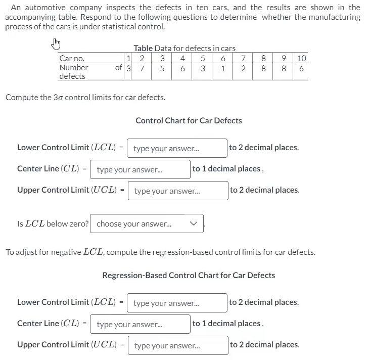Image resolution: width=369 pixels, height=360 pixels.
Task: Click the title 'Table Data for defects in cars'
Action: (x=184, y=48)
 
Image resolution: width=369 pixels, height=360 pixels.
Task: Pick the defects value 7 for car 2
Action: (x=143, y=68)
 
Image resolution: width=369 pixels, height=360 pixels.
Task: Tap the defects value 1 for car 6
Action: (x=223, y=68)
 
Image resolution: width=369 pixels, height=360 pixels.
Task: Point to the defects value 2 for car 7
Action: (x=244, y=68)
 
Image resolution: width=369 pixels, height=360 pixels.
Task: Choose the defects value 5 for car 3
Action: (x=162, y=68)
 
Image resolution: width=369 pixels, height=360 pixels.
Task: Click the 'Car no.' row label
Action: (x=72, y=59)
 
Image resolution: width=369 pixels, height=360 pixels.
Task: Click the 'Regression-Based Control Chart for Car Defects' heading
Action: (x=189, y=276)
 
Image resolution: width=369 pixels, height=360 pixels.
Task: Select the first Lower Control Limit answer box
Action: (x=176, y=148)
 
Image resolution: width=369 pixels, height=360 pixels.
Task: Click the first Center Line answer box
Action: (x=140, y=169)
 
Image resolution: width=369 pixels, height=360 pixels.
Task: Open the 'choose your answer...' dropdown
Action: (x=147, y=223)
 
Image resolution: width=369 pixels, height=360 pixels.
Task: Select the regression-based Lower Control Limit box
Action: (x=176, y=303)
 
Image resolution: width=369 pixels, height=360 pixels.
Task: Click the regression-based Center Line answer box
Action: (x=140, y=324)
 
